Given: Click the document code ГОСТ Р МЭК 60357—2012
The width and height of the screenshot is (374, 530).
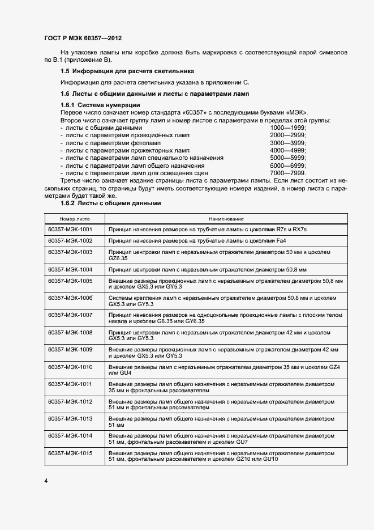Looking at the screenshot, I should [x=83, y=37].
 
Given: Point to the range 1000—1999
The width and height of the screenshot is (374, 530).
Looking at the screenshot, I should [x=287, y=128].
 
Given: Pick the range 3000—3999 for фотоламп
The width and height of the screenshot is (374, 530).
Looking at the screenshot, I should [x=287, y=143].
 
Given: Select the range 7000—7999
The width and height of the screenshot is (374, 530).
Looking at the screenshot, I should [x=287, y=173].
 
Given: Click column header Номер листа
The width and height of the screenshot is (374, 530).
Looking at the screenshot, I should [x=75, y=218].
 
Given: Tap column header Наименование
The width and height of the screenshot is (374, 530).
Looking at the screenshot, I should [x=226, y=218].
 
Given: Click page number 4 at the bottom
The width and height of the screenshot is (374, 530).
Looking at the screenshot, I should [x=46, y=481].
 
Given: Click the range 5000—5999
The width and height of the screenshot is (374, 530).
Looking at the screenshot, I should [x=287, y=158].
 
